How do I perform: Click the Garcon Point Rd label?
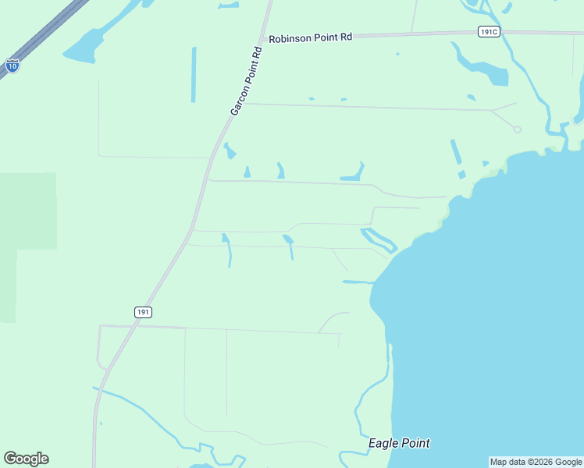pos(246,81)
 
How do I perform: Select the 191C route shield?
pos(489,31)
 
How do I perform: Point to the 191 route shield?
pos(142,311)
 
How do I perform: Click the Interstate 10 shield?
pos(12,66)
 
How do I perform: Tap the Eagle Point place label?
pos(398,444)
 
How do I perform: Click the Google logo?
pos(26,459)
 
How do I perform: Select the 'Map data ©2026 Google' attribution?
pos(536,462)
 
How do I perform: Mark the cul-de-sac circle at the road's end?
pos(517,129)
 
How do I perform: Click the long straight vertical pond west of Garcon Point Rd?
pos(194,75)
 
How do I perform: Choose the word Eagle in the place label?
pos(383,444)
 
